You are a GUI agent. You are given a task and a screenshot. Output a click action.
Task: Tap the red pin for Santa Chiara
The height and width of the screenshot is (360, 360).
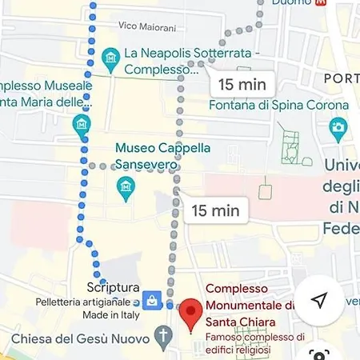190,313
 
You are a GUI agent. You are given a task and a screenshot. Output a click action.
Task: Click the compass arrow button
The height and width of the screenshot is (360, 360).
319,300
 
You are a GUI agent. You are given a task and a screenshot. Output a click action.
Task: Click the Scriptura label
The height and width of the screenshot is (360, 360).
114,288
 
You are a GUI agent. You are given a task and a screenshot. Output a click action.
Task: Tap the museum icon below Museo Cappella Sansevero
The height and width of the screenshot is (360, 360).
126,189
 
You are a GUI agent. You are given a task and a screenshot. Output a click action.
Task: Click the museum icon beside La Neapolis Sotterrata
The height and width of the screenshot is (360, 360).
111,56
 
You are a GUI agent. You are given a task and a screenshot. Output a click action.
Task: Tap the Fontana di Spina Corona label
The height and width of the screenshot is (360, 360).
279,105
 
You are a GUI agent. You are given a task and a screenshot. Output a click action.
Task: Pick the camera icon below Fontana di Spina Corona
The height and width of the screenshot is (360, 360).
338,126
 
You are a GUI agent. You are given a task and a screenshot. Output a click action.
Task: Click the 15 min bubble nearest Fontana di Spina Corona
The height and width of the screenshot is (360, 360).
242,83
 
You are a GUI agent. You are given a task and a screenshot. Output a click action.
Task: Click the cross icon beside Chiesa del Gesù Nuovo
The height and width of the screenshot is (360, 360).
164,334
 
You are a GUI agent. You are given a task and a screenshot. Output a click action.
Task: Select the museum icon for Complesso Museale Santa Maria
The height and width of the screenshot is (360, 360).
80,124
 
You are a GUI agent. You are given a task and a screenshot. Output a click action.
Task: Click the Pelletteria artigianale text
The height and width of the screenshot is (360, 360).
88,302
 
